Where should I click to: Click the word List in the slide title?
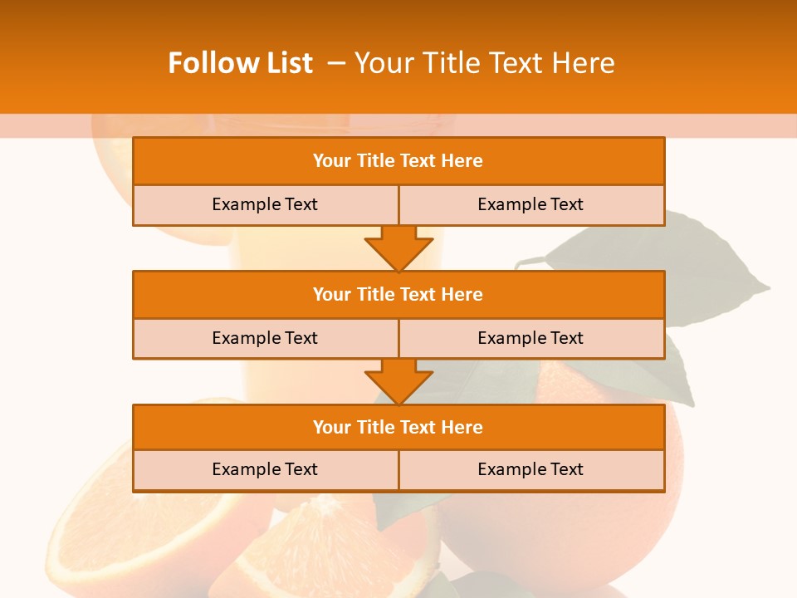[x=284, y=63]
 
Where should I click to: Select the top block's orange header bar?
[x=398, y=161]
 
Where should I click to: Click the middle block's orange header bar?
[x=398, y=295]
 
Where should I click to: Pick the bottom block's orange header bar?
[x=398, y=428]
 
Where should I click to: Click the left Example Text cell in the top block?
[x=265, y=204]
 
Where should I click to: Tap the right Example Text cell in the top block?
[x=531, y=204]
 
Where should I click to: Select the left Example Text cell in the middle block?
[x=265, y=338]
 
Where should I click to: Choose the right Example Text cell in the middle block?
[x=531, y=338]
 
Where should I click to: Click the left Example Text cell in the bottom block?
[x=265, y=469]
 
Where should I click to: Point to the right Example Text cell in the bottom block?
[x=531, y=469]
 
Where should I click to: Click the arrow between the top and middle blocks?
[x=398, y=248]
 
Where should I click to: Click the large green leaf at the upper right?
[x=664, y=266]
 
